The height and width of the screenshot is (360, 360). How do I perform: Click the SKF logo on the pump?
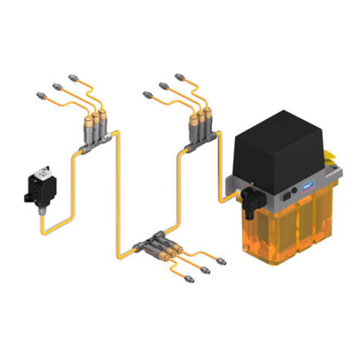[308, 185]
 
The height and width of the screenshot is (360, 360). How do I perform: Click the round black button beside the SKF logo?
[294, 190]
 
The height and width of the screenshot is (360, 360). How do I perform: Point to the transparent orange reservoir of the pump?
[288, 229]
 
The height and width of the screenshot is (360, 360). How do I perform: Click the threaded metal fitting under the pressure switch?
[42, 211]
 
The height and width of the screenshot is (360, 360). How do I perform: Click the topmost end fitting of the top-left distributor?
[73, 77]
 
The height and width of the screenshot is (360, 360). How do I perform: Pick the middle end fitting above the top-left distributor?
[57, 86]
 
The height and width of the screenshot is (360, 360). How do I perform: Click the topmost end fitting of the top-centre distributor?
[179, 76]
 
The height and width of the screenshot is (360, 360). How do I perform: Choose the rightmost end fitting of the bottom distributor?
[221, 261]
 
